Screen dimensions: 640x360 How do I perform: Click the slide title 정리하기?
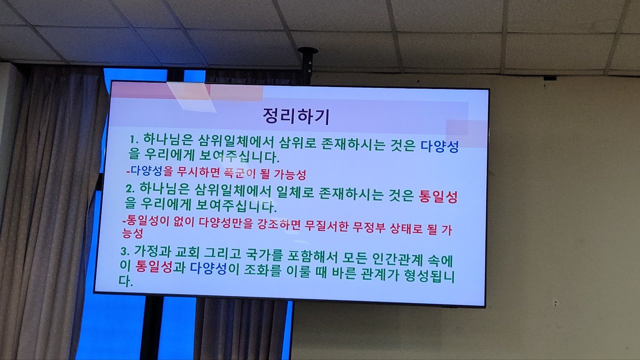click(x=296, y=116)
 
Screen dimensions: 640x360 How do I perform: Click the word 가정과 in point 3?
click(x=152, y=251)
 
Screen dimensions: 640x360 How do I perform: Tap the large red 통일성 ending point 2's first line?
click(x=438, y=196)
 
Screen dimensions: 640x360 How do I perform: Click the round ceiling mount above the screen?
click(x=307, y=51)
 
